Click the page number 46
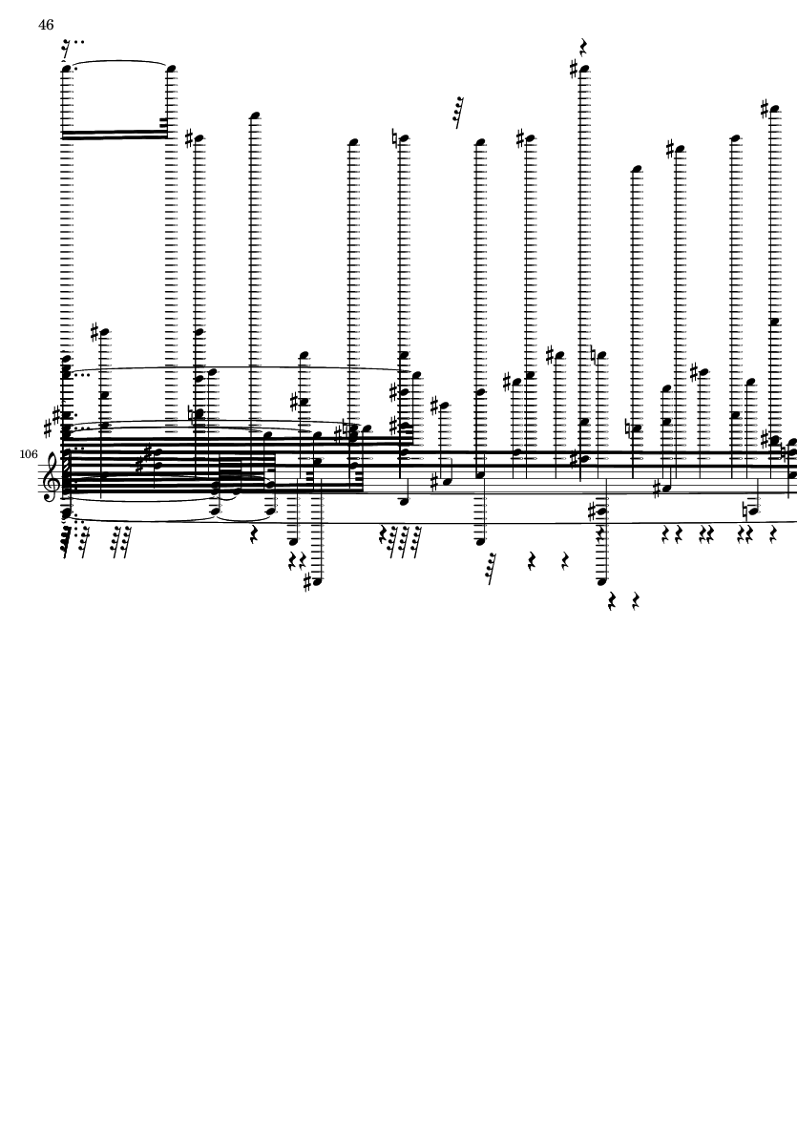(x=46, y=25)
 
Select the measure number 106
(x=29, y=454)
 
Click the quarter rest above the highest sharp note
(x=583, y=48)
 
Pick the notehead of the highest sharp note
(x=584, y=70)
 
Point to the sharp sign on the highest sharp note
(x=574, y=69)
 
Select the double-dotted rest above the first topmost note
(x=67, y=50)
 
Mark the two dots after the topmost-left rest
(x=79, y=42)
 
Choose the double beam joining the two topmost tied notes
(x=115, y=135)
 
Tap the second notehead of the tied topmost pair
(x=171, y=69)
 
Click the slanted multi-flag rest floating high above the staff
(x=458, y=113)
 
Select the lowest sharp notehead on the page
(x=317, y=582)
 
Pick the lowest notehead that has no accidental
(x=602, y=581)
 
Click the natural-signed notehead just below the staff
(x=753, y=511)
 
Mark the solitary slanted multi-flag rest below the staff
(x=491, y=569)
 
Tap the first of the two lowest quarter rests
(x=612, y=601)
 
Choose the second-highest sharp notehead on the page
(x=775, y=111)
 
